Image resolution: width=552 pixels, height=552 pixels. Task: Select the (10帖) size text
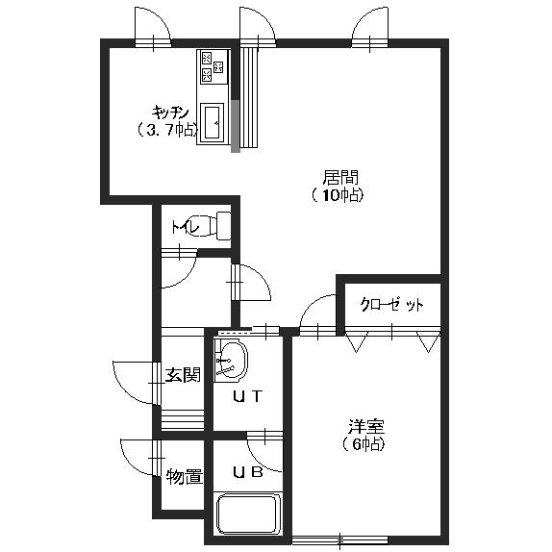pyautogui.click(x=338, y=195)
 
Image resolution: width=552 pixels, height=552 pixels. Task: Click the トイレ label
pyautogui.click(x=185, y=228)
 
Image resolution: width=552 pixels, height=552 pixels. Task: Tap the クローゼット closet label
pyautogui.click(x=391, y=305)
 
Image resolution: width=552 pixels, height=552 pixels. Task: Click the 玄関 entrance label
pyautogui.click(x=182, y=374)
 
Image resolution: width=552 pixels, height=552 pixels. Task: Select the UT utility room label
pyautogui.click(x=244, y=395)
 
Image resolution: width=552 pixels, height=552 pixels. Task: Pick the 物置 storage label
pyautogui.click(x=184, y=476)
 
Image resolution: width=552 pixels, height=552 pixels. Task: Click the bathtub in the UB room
pyautogui.click(x=247, y=514)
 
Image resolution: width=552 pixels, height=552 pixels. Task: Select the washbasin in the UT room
pyautogui.click(x=232, y=360)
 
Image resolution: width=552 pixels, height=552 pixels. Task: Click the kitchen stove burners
pyautogui.click(x=213, y=67)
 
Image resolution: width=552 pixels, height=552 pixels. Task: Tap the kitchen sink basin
pyautogui.click(x=213, y=122)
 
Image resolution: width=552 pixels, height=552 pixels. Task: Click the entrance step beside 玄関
pyautogui.click(x=183, y=420)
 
